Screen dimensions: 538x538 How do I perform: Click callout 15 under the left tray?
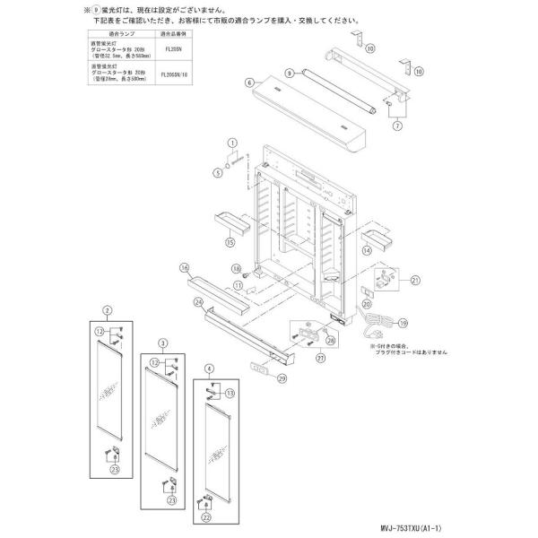230,242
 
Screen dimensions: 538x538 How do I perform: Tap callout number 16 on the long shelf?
184,267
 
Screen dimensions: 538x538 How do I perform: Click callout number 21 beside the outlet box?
415,281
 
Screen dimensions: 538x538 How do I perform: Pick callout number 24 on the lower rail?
197,302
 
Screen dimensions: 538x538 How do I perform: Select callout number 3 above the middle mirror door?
162,343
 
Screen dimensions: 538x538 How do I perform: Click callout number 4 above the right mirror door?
209,367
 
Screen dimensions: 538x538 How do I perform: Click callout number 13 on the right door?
230,392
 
